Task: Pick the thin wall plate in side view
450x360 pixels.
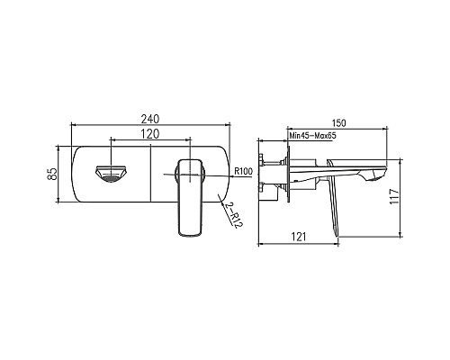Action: tap(288, 174)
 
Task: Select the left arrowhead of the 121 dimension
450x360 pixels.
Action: tap(261, 244)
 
